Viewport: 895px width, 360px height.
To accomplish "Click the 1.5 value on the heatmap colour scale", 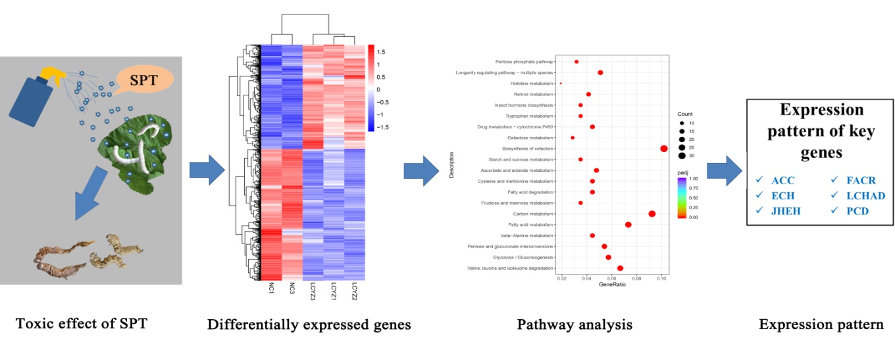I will point(381,51).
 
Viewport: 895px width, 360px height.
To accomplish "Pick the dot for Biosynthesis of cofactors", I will point(663,149).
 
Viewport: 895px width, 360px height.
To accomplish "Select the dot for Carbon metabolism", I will point(652,214).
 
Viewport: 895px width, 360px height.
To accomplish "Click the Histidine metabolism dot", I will point(561,84).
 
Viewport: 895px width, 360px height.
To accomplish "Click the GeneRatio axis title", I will point(612,284).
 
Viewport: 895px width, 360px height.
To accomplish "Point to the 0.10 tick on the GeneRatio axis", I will point(661,278).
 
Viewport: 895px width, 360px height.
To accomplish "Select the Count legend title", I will point(686,114).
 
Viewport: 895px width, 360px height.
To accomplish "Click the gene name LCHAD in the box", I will point(866,195).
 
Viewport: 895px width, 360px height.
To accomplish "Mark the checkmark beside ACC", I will point(760,180).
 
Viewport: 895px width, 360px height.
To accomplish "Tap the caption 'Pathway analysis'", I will point(575,324).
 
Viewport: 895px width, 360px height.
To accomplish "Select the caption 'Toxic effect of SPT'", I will point(82,324).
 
